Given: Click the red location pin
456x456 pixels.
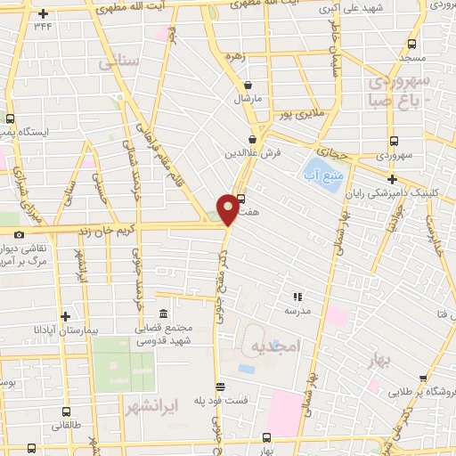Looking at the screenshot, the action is click(229, 208).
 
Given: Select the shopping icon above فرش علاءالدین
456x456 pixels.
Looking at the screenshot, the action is click(252, 139).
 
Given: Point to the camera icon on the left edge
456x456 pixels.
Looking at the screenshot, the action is click(19, 234).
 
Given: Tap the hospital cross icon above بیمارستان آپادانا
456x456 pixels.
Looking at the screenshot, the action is click(64, 316).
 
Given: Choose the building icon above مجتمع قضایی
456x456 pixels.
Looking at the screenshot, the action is click(163, 315).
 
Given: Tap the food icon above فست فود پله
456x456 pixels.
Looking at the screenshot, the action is click(220, 387).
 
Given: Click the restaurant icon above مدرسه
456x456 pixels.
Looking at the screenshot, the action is click(297, 297).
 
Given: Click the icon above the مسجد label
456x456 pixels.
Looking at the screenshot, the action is click(414, 43).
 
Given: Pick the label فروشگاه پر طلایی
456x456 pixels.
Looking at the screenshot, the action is click(419, 392).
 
